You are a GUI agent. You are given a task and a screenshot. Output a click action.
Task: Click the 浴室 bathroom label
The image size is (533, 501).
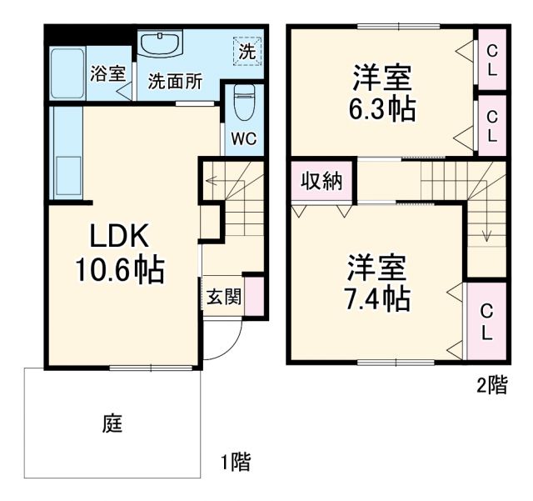tap(107, 73)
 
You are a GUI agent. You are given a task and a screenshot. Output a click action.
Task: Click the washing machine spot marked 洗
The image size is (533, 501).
tap(247, 49)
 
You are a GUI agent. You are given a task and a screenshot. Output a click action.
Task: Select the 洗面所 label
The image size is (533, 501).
tap(175, 82)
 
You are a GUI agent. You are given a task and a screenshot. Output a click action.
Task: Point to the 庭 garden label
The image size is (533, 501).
tap(113, 424)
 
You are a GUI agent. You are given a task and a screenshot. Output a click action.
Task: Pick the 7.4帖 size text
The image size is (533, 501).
tap(377, 298)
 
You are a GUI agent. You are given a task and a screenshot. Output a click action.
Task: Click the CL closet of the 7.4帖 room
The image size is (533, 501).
tap(486, 320)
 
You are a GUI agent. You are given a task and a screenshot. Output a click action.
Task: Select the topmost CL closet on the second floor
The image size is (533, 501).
tap(492, 60)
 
